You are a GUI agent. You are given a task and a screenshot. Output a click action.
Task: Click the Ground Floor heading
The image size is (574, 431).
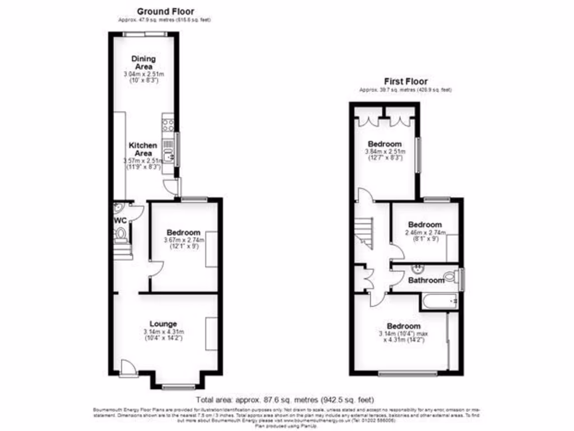pyautogui.click(x=165, y=11)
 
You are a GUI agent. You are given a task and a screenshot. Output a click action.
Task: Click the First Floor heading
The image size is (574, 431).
pyautogui.click(x=405, y=81)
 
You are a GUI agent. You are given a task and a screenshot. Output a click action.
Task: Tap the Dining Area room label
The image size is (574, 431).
pyautogui.click(x=143, y=62)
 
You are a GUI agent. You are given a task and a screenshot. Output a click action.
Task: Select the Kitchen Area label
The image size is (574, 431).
pyautogui.click(x=143, y=149)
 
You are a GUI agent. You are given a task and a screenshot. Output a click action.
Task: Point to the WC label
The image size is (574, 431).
pyautogui.click(x=120, y=221)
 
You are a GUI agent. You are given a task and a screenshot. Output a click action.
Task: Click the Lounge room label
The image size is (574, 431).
pyautogui.click(x=163, y=324)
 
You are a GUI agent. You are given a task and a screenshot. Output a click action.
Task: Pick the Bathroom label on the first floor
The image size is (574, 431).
pyautogui.click(x=426, y=280)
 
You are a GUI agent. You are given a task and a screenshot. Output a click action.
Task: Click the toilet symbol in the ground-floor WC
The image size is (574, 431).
pyautogui.click(x=120, y=233)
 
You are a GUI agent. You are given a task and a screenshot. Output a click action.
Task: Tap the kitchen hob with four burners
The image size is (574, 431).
pyautogui.click(x=168, y=125)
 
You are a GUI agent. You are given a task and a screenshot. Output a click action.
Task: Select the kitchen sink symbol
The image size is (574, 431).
pyautogui.click(x=168, y=150)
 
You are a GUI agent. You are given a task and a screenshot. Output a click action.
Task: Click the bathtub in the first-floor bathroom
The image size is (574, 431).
pyautogui.click(x=441, y=302)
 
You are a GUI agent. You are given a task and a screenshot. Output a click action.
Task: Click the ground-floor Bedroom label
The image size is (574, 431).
pyautogui.click(x=184, y=232)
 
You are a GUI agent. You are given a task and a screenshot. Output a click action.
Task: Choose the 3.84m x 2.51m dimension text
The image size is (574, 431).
pyautogui.click(x=385, y=152)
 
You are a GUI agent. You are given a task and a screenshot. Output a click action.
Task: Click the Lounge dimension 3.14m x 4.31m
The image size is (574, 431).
pyautogui.click(x=164, y=332)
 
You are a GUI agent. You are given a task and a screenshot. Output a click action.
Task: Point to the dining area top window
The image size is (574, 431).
pyautogui.click(x=145, y=34)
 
